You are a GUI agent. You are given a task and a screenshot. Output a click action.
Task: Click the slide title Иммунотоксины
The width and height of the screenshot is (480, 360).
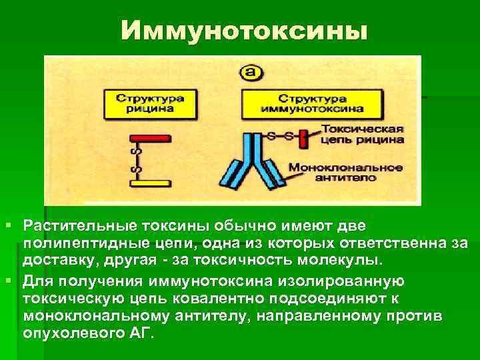pos(244,30)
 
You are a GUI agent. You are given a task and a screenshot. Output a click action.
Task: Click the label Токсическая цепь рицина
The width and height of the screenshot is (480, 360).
pos(360,135)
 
